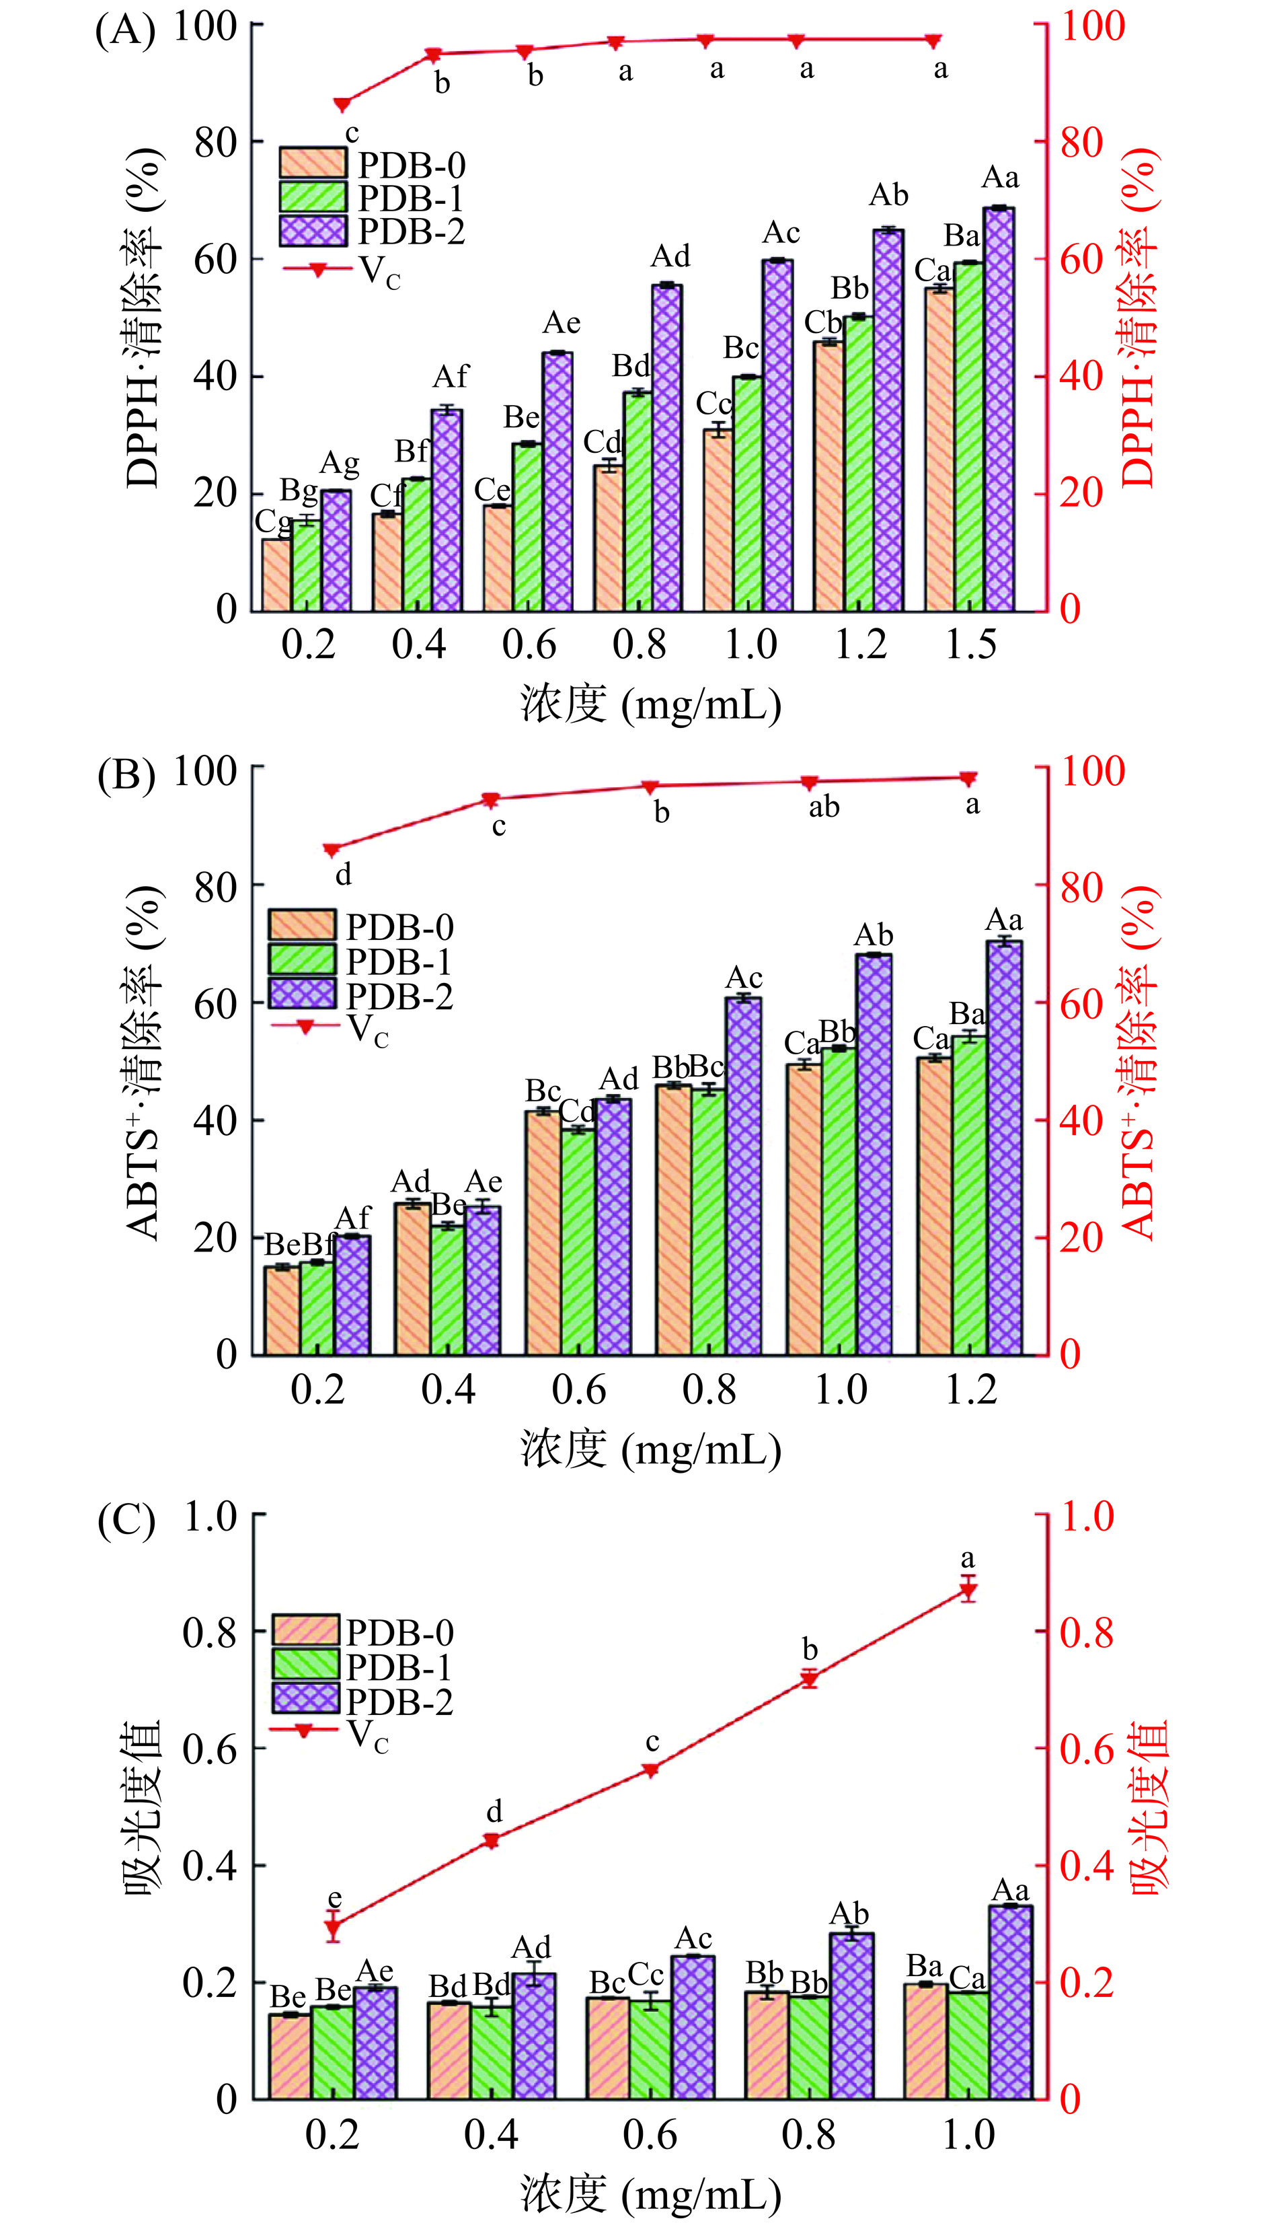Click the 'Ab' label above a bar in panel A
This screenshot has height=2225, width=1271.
pyautogui.click(x=888, y=196)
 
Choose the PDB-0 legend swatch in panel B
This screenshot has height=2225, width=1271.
pyautogui.click(x=301, y=924)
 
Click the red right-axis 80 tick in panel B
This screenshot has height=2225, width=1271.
pyautogui.click(x=1083, y=887)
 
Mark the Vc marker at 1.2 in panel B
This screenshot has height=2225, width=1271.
pyautogui.click(x=968, y=778)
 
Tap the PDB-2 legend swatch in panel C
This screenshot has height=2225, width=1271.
pyautogui.click(x=305, y=1698)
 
